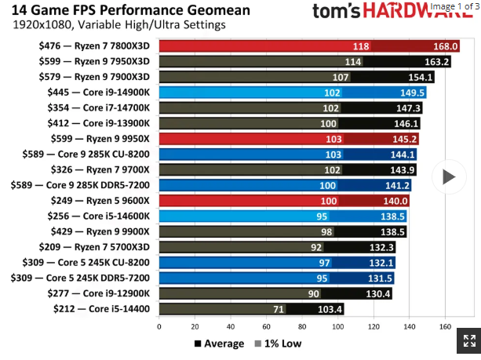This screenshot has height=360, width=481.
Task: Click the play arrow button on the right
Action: [x=448, y=176]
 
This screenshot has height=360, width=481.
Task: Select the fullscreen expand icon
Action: [x=469, y=340]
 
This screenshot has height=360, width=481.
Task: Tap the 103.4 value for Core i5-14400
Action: [x=329, y=308]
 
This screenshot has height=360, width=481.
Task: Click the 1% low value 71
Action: [x=279, y=308]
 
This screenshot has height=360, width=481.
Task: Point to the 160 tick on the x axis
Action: [x=445, y=326]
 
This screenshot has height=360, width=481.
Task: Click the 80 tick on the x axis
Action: [x=302, y=326]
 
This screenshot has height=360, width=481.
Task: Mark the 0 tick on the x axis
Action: [x=159, y=326]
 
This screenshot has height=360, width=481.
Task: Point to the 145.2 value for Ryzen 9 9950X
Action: [x=404, y=139]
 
